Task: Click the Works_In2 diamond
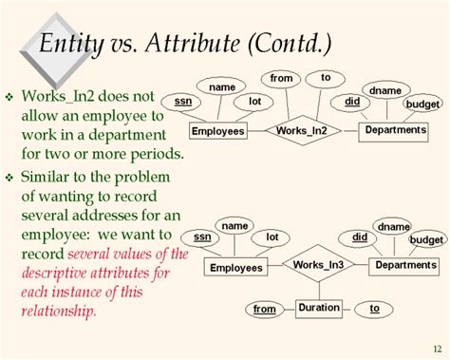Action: click(x=301, y=130)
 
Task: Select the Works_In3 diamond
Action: click(x=319, y=265)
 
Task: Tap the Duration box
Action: click(x=319, y=308)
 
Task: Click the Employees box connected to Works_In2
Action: click(x=218, y=131)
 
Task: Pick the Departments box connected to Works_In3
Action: click(x=405, y=265)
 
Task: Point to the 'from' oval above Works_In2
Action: click(x=282, y=78)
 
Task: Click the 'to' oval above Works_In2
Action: click(x=326, y=77)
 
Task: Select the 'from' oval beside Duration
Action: click(x=265, y=309)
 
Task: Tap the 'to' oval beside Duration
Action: click(x=375, y=308)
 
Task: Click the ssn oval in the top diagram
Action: click(x=181, y=101)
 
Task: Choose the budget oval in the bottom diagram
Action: click(x=427, y=240)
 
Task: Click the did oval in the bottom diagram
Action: click(x=360, y=237)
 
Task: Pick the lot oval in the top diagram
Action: click(x=254, y=101)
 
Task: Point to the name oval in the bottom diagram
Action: click(x=234, y=226)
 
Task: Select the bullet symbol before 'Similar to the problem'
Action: click(x=11, y=179)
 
